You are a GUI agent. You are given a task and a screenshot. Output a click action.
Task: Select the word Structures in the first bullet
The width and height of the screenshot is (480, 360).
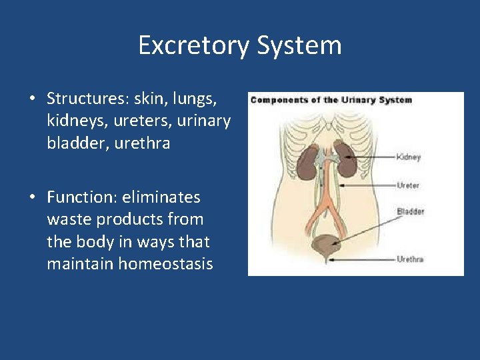click(x=86, y=99)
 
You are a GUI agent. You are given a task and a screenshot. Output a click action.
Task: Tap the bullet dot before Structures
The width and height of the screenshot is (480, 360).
click(x=32, y=99)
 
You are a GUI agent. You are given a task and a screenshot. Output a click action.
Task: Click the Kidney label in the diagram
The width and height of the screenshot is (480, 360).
click(x=409, y=157)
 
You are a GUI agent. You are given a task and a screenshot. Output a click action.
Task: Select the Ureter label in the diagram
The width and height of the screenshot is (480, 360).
click(x=408, y=185)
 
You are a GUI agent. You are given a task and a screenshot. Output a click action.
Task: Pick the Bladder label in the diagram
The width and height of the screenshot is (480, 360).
click(x=410, y=211)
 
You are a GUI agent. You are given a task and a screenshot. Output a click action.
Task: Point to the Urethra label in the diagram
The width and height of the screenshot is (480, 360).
click(x=410, y=259)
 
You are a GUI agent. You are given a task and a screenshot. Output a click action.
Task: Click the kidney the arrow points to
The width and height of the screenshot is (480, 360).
click(x=346, y=160)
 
